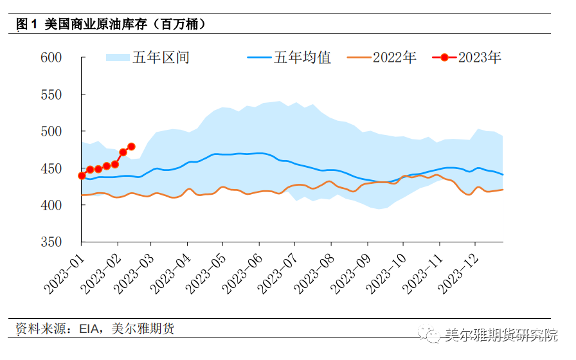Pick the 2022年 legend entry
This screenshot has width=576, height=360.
[394, 57]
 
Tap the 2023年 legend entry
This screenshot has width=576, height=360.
[479, 57]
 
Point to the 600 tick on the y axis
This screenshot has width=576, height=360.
[51, 57]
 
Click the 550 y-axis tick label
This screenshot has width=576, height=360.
[51, 94]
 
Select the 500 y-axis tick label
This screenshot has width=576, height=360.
[51, 131]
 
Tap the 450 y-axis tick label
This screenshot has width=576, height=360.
[51, 168]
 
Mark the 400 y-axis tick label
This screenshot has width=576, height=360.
[51, 205]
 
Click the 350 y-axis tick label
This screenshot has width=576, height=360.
[51, 242]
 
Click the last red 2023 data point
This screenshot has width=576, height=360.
[131, 147]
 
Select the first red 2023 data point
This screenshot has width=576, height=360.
[82, 175]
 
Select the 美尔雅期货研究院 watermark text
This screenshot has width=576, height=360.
[501, 335]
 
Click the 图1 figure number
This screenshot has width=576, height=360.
[26, 24]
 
